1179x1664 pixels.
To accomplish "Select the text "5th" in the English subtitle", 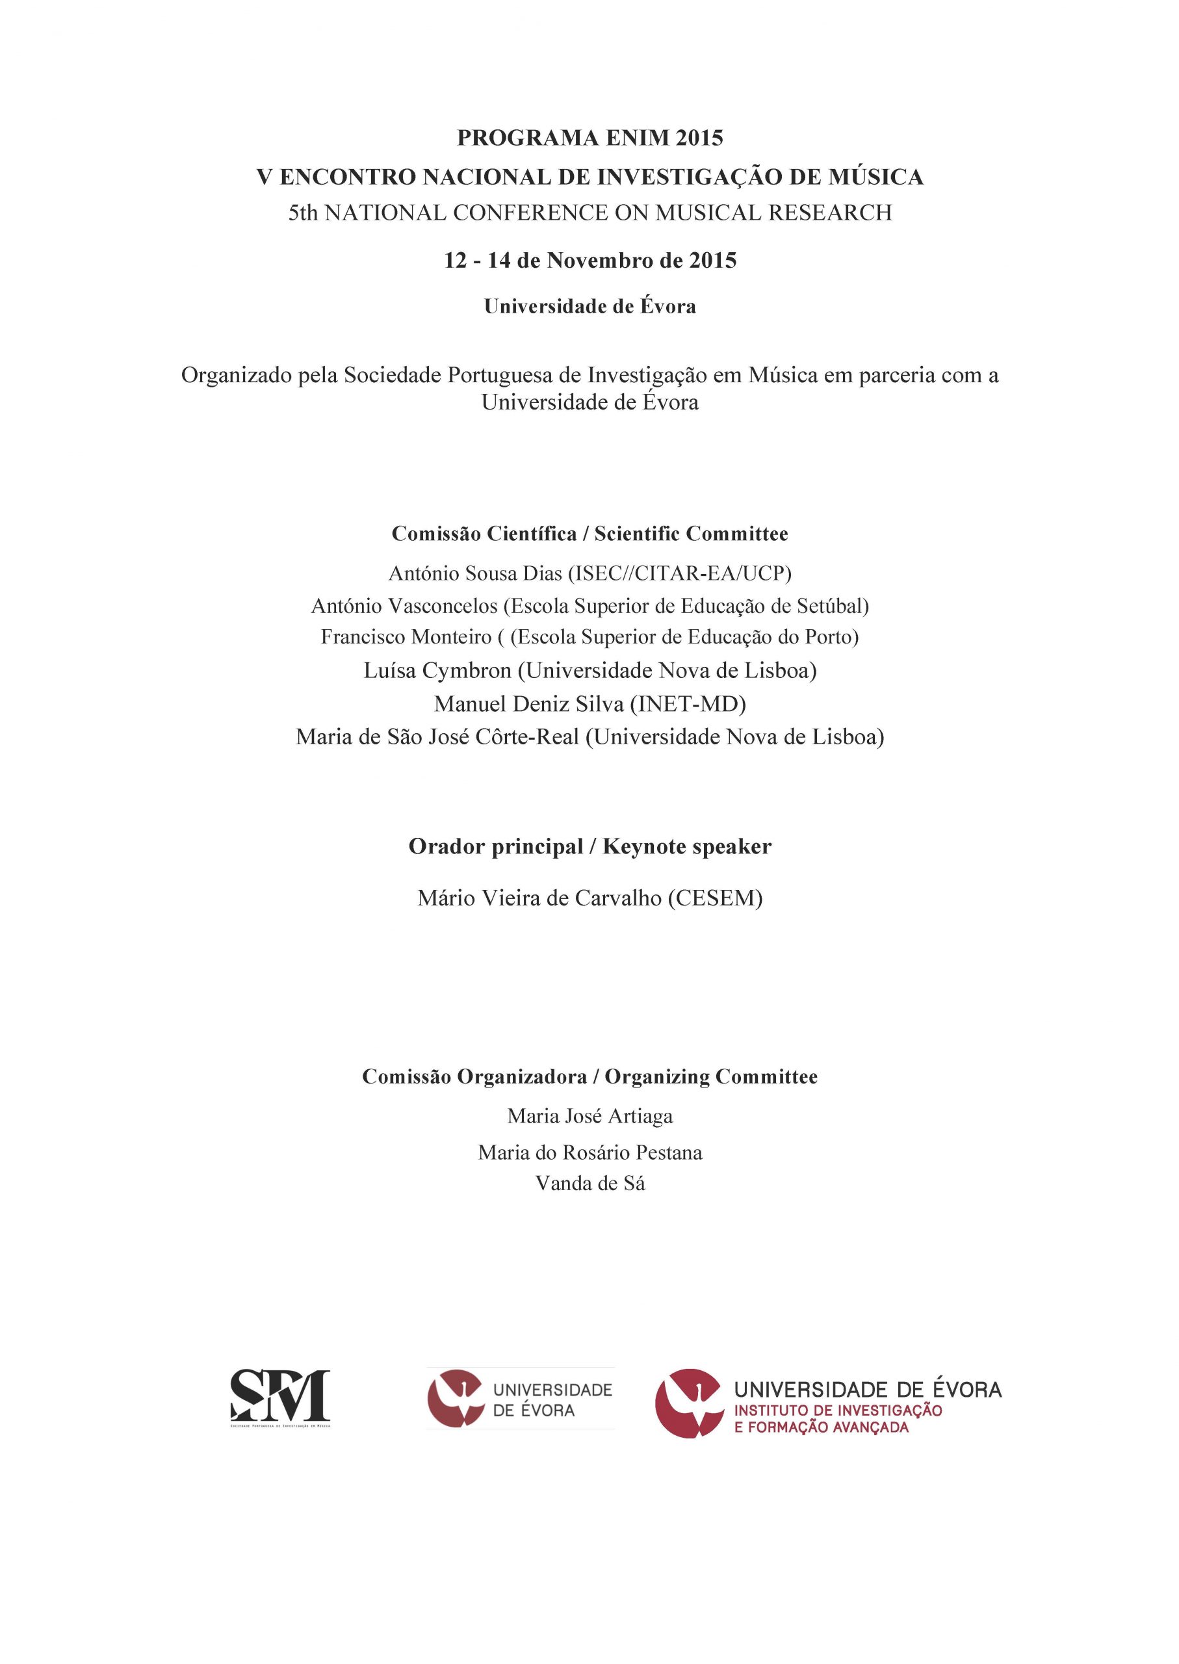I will [x=303, y=213].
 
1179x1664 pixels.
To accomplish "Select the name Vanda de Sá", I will [x=589, y=1184].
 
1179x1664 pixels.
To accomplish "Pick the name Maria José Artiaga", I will [x=589, y=1116].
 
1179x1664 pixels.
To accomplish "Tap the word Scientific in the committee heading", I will [x=637, y=534].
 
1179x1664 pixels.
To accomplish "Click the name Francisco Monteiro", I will [x=406, y=637].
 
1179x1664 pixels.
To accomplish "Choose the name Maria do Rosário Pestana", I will [x=589, y=1152].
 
